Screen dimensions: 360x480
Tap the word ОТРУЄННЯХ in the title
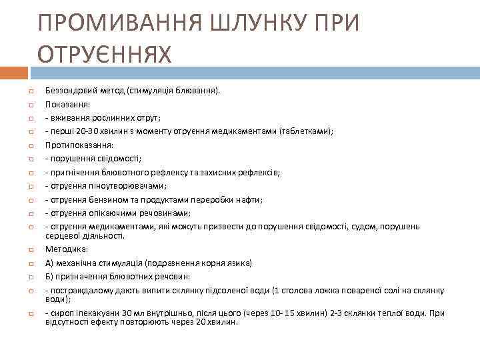click(x=105, y=53)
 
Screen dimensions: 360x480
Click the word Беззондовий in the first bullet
click(x=67, y=89)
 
